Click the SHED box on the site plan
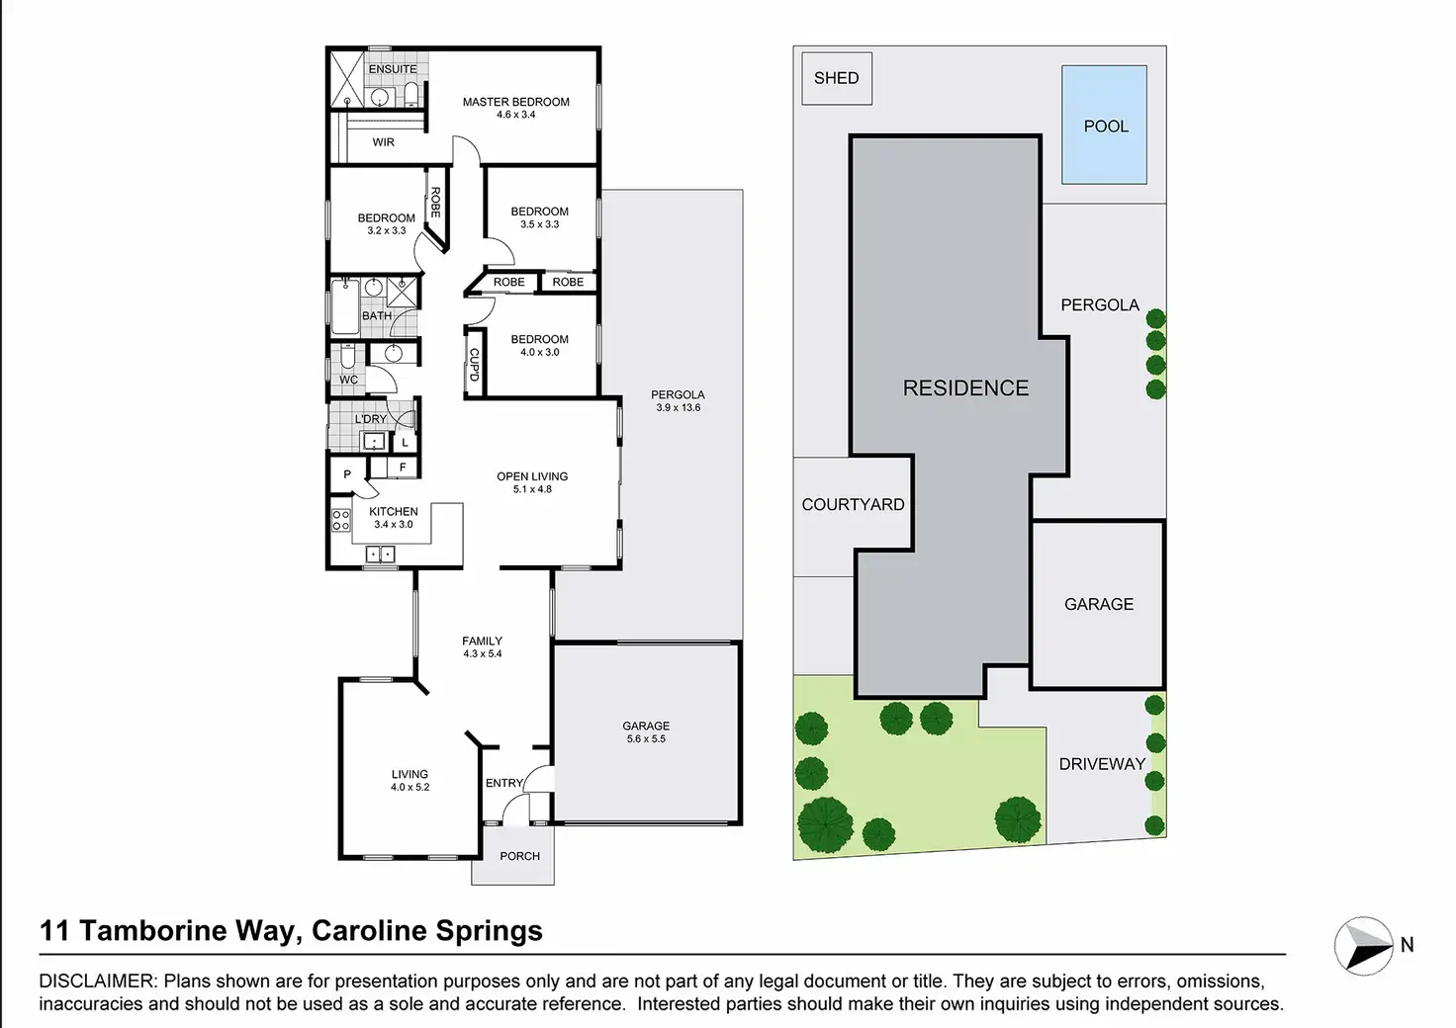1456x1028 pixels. pos(836,78)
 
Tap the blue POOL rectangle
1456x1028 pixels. pos(1104,126)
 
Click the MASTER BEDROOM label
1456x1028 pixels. pos(515,102)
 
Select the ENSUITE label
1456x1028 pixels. pos(393,69)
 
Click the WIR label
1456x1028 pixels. pos(384,142)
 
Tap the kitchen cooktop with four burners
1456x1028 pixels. pos(340,520)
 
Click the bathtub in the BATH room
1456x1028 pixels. pos(344,306)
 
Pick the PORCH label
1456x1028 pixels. pos(519,856)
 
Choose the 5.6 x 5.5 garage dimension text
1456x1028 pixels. pos(646,739)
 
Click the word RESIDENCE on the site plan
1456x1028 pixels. pos(965,388)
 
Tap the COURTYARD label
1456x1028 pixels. pos(853,504)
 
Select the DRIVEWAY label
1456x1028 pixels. pos(1102,764)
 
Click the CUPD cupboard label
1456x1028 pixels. pos(474,364)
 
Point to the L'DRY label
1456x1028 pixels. pos(371,419)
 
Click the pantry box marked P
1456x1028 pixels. pos(347,474)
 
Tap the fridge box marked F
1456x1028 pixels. pos(403,468)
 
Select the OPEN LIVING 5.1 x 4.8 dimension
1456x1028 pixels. pos(532,489)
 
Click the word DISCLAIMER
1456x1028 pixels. pos(97,982)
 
